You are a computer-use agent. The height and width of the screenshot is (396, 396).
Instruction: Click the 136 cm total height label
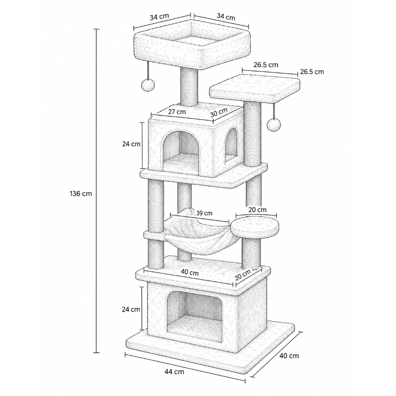coord(81,194)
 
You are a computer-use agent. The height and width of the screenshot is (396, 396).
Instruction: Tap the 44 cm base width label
coord(174,372)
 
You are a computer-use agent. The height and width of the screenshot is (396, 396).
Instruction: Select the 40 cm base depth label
coord(289,356)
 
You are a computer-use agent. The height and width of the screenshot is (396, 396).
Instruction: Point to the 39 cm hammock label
coord(204,213)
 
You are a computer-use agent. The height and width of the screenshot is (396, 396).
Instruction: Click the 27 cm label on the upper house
coord(177,111)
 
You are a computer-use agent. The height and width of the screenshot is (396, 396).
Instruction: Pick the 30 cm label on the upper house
coord(219,112)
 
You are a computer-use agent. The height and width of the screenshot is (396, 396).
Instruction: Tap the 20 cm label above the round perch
coord(257,210)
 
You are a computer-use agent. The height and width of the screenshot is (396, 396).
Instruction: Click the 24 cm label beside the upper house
coord(131,144)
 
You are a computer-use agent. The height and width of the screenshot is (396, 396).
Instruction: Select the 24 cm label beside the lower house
coord(131,309)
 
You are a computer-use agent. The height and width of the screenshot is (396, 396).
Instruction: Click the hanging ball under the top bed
coord(147,85)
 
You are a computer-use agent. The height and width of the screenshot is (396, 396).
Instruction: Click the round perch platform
coord(255,227)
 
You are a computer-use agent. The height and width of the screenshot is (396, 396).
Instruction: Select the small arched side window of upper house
coord(232,145)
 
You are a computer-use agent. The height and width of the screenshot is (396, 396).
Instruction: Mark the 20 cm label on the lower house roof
coord(243,275)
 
